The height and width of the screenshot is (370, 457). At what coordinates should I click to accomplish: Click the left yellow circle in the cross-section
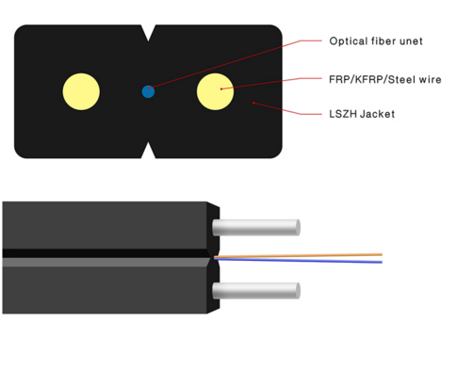pos(81,91)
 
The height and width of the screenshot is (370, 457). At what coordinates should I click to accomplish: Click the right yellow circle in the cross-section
pos(215,91)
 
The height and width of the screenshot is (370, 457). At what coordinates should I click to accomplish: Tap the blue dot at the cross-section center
pos(148,91)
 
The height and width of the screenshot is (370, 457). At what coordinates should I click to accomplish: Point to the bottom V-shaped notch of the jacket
pos(148,151)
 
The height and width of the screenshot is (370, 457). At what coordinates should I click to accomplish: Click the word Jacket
pos(378,115)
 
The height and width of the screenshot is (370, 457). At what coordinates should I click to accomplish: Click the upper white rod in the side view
pos(254,227)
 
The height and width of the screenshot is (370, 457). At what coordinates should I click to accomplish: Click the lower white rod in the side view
pos(254,289)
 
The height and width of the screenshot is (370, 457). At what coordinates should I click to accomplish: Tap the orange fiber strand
pos(302,254)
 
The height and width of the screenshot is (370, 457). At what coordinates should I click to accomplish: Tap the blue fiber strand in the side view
pos(302,260)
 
